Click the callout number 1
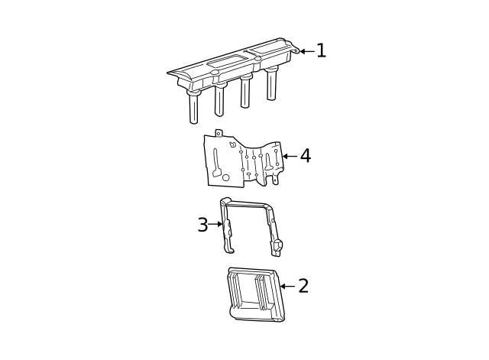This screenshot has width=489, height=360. [322, 50]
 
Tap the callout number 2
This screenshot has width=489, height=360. [303, 286]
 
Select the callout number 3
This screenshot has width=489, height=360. [202, 225]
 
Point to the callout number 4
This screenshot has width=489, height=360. [306, 156]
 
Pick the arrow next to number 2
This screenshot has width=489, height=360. [287, 287]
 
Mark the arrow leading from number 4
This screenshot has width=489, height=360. [289, 156]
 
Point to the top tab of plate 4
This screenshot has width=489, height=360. [218, 134]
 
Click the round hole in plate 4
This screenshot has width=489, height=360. [225, 177]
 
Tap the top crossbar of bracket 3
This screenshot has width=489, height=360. [248, 204]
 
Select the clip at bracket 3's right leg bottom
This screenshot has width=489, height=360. [277, 246]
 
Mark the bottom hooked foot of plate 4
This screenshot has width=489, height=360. [274, 180]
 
